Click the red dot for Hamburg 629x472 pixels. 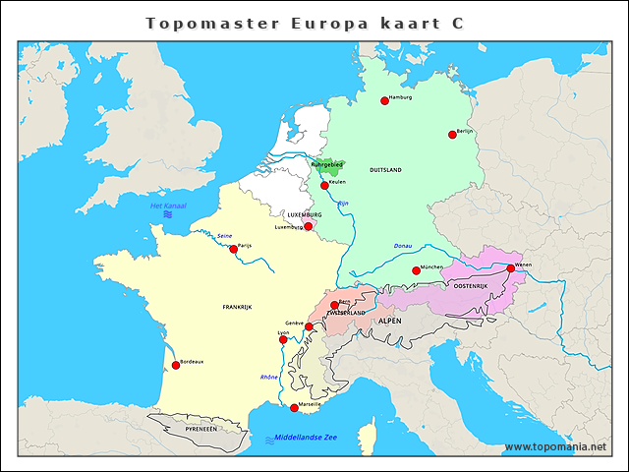(385, 100)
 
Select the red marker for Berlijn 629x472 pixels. (453, 135)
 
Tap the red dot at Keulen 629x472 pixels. (325, 185)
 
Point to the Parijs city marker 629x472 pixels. (233, 249)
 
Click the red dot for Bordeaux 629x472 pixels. (176, 365)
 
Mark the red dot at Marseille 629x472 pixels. (294, 407)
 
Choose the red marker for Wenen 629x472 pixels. (510, 267)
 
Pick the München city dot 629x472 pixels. (416, 270)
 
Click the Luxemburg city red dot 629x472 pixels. (309, 226)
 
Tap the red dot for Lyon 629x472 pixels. (283, 339)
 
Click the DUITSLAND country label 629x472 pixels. (385, 170)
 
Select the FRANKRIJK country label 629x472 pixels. (237, 308)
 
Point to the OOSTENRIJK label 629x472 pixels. (470, 285)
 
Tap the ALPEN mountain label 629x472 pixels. (391, 321)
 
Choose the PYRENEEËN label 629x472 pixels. (200, 429)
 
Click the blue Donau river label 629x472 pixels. (403, 246)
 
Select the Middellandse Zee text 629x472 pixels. (306, 437)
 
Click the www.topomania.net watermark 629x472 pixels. (554, 447)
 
